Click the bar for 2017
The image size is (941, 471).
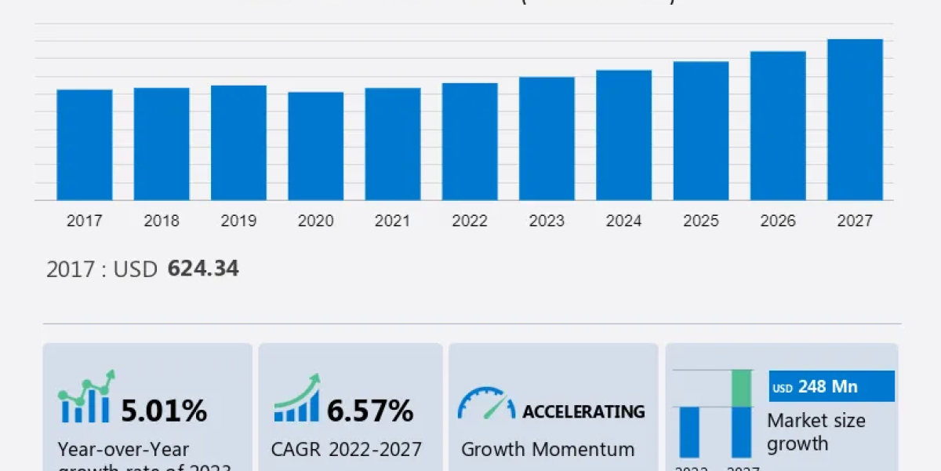(x=85, y=144)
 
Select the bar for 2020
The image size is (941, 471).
(x=315, y=146)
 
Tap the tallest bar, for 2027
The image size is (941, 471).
(x=855, y=119)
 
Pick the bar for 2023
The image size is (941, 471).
(x=547, y=138)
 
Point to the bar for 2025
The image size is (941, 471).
(x=701, y=130)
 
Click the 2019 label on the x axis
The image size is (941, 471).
(x=238, y=221)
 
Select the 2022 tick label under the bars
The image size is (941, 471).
(x=470, y=221)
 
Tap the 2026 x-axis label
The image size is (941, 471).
(x=778, y=221)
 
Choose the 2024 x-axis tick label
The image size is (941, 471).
(x=624, y=221)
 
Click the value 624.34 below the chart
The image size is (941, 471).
(x=203, y=269)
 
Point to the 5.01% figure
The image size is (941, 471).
(x=164, y=411)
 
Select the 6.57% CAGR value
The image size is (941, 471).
(x=370, y=411)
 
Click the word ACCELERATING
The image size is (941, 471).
(x=583, y=411)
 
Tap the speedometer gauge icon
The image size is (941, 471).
(x=486, y=403)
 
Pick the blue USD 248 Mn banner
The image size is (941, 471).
(x=831, y=386)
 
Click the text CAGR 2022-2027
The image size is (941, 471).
(x=346, y=450)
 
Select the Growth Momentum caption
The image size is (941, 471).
(x=547, y=450)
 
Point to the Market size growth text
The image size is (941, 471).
(x=816, y=432)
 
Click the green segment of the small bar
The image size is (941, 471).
(x=741, y=388)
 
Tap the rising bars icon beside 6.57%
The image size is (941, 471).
(x=296, y=399)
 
